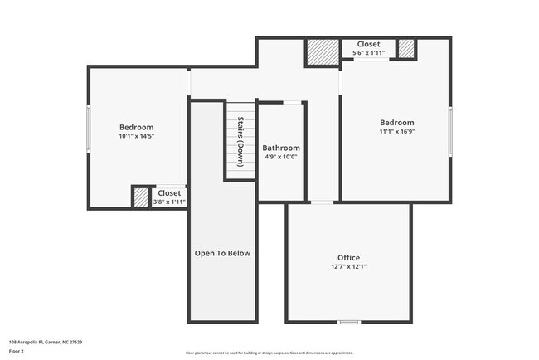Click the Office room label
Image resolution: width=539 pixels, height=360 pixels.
(x=348, y=257)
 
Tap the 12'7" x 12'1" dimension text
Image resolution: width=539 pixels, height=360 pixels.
(x=348, y=267)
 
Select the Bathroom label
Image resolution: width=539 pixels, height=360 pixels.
(x=281, y=148)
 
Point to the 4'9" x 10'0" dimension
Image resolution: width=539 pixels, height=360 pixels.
(x=281, y=157)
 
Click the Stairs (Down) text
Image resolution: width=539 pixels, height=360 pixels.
(x=240, y=141)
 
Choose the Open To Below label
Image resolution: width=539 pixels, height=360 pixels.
(x=222, y=253)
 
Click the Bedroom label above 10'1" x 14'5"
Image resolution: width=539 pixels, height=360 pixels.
(x=137, y=127)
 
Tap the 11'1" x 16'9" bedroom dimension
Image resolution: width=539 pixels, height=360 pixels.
(x=396, y=131)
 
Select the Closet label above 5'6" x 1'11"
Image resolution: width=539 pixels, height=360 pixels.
(x=368, y=44)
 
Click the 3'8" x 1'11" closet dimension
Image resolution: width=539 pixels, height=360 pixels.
(x=169, y=202)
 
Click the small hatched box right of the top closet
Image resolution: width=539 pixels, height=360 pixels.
(x=405, y=48)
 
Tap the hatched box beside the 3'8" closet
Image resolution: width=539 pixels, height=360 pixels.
(x=141, y=197)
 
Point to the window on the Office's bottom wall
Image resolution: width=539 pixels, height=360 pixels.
(x=348, y=322)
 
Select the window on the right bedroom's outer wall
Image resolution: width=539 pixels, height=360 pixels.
(x=450, y=130)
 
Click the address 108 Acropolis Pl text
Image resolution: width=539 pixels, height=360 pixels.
(x=45, y=342)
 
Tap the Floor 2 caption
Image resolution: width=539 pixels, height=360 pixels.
(x=17, y=350)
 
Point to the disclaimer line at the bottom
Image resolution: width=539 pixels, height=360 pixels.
(x=269, y=353)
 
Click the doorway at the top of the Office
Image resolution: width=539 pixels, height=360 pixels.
(x=322, y=202)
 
